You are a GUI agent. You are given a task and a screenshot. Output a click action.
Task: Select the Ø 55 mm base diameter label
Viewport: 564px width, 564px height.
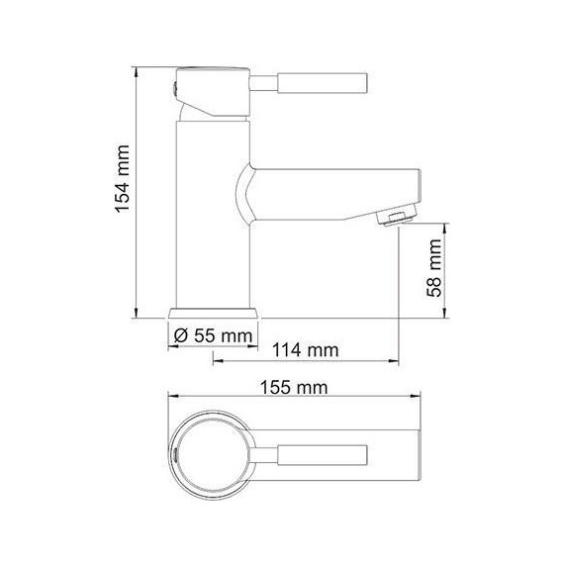(x=212, y=335)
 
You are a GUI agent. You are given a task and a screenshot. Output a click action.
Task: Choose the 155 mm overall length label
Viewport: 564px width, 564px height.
(x=297, y=388)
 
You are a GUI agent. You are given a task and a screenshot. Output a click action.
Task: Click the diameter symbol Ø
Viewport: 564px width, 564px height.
(x=180, y=335)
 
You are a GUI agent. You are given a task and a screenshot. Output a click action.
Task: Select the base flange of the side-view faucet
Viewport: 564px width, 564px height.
(x=215, y=311)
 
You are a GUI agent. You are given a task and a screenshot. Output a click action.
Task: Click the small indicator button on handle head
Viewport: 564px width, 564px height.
(x=177, y=90)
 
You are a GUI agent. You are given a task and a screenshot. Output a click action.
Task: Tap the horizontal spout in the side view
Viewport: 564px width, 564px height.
(x=336, y=188)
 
